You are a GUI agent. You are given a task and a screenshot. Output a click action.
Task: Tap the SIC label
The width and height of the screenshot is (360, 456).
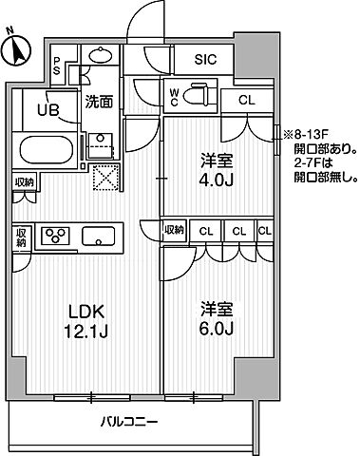205,59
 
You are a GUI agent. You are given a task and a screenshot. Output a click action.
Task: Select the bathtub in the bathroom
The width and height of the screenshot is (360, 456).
47,151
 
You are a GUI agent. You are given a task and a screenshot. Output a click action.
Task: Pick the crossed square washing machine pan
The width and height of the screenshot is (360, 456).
103,178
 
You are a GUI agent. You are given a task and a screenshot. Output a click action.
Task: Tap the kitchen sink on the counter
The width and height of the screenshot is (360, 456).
98,235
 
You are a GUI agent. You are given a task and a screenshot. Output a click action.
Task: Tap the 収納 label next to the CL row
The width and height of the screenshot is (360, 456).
173,229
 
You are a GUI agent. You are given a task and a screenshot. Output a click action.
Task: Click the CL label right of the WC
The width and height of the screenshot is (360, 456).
246,99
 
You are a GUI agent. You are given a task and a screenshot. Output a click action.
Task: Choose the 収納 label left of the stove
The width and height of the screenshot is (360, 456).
22,237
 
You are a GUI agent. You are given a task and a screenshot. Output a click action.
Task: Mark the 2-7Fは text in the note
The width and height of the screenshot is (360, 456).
304,161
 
